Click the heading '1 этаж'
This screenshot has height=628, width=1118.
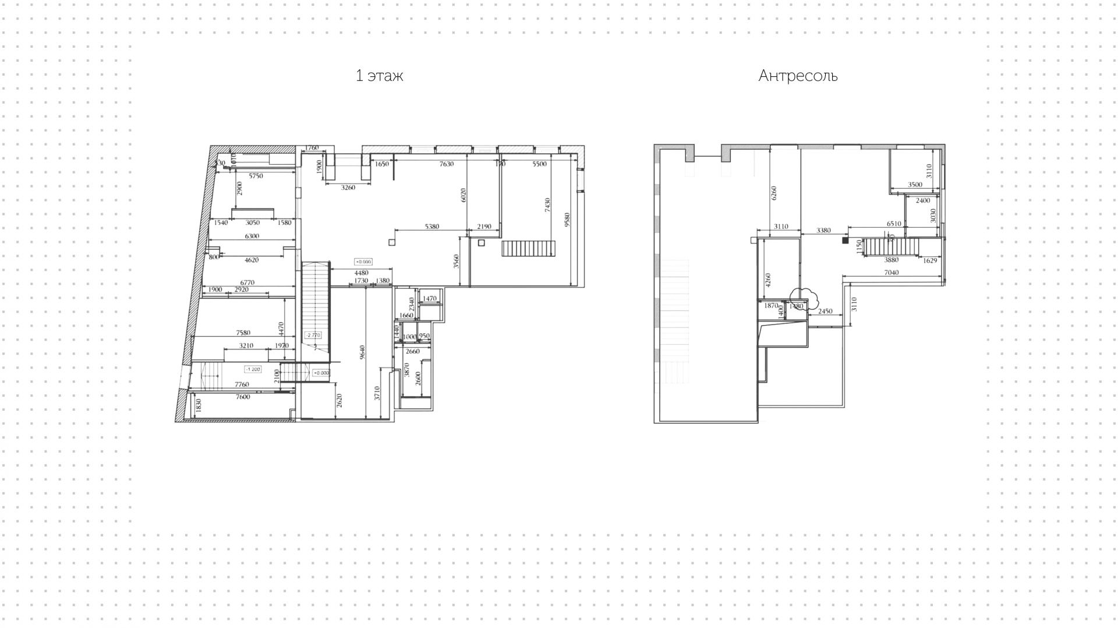coord(379,76)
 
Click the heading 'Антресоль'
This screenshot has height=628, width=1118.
coord(797,76)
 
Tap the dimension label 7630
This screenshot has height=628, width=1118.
coord(446,164)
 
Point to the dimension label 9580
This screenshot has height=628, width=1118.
coord(568,220)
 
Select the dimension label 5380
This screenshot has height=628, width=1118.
coord(431,227)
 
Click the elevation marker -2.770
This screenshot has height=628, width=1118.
coord(313,335)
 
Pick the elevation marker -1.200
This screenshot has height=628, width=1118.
coord(253,369)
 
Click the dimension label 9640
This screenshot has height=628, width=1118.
coord(362,352)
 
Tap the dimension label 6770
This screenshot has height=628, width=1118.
coord(247,283)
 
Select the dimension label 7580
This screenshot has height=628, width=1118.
coord(243,333)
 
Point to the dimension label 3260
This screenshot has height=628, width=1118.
coord(348,188)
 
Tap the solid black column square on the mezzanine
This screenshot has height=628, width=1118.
coord(845,240)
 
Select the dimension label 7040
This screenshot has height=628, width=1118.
coord(891,273)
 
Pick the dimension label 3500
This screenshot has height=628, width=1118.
coord(915,185)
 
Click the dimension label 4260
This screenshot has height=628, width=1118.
coord(768,280)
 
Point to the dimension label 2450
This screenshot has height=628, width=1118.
coord(825,312)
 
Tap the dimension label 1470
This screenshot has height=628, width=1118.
coord(429,299)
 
